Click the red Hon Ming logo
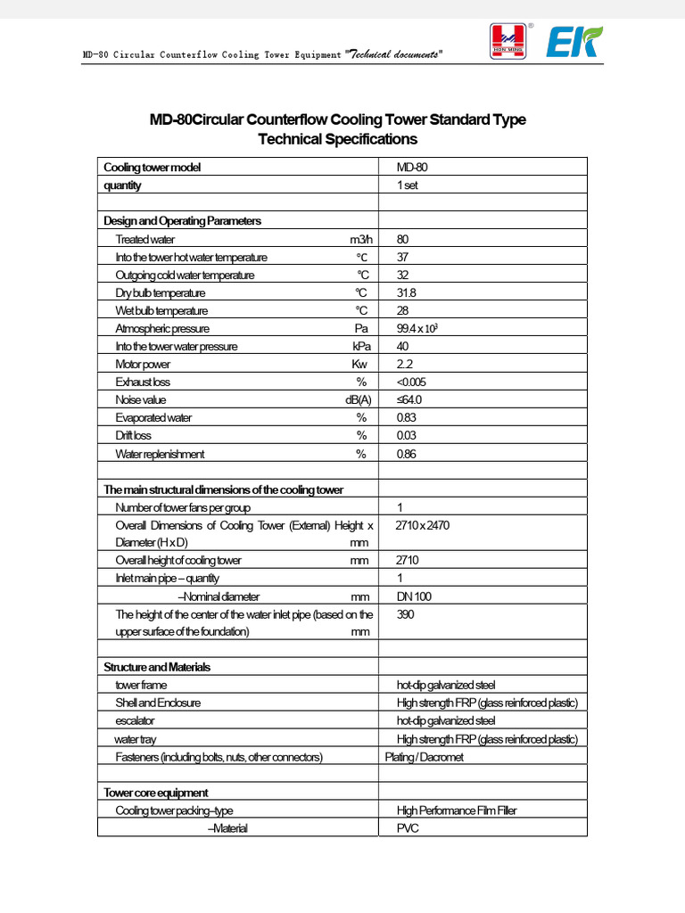coord(508,42)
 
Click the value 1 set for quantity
coord(408,185)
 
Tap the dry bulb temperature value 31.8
coord(406,292)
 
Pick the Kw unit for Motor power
coord(359,364)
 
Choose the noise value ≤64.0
coord(409,400)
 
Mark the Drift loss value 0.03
coord(407,436)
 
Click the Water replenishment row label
coord(160,454)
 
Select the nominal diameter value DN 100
coord(414,596)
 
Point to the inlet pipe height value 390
coord(406,614)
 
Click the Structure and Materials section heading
coord(157,667)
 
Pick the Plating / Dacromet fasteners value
coord(425,757)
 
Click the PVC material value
coord(408,828)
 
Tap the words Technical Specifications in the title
coord(337,139)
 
